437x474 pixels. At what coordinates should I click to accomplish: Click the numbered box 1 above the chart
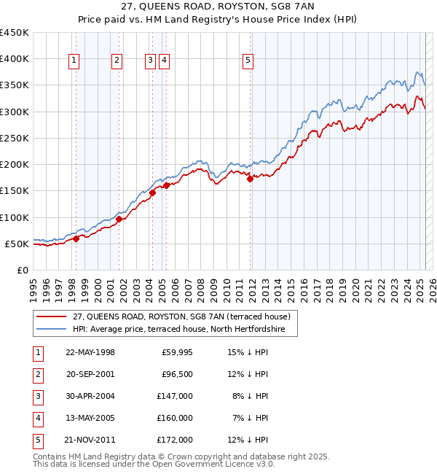tap(75, 61)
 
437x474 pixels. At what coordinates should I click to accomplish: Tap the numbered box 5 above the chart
tap(248, 61)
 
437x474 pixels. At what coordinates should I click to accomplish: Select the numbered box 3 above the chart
tap(150, 61)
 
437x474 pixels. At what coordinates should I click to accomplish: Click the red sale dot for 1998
tap(76, 238)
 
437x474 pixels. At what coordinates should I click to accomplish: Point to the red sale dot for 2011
tap(250, 179)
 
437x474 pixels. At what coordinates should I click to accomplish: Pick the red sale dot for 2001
tap(119, 219)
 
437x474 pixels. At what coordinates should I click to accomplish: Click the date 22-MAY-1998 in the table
tap(90, 352)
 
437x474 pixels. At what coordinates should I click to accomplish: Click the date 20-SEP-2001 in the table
tap(90, 374)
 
